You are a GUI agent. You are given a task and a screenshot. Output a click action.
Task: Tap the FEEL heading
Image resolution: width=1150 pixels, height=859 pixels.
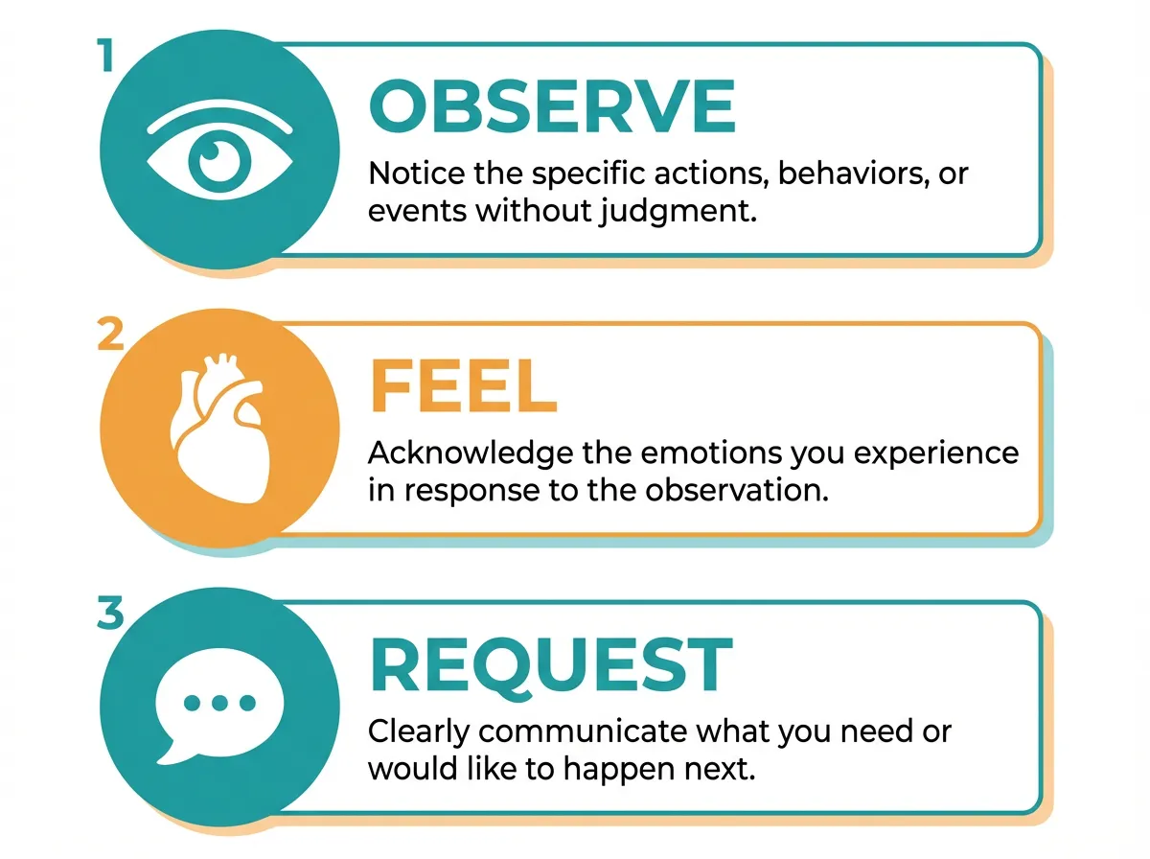coord(463,386)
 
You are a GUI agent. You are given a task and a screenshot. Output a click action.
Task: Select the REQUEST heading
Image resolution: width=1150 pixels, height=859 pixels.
coord(551,664)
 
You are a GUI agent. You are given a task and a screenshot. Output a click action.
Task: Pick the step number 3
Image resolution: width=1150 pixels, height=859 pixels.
coord(111,615)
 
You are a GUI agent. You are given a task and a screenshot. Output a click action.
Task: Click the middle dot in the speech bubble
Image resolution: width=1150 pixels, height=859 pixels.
coord(219,703)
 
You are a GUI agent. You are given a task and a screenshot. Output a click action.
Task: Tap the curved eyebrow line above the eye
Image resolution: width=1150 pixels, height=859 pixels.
coord(219,114)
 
